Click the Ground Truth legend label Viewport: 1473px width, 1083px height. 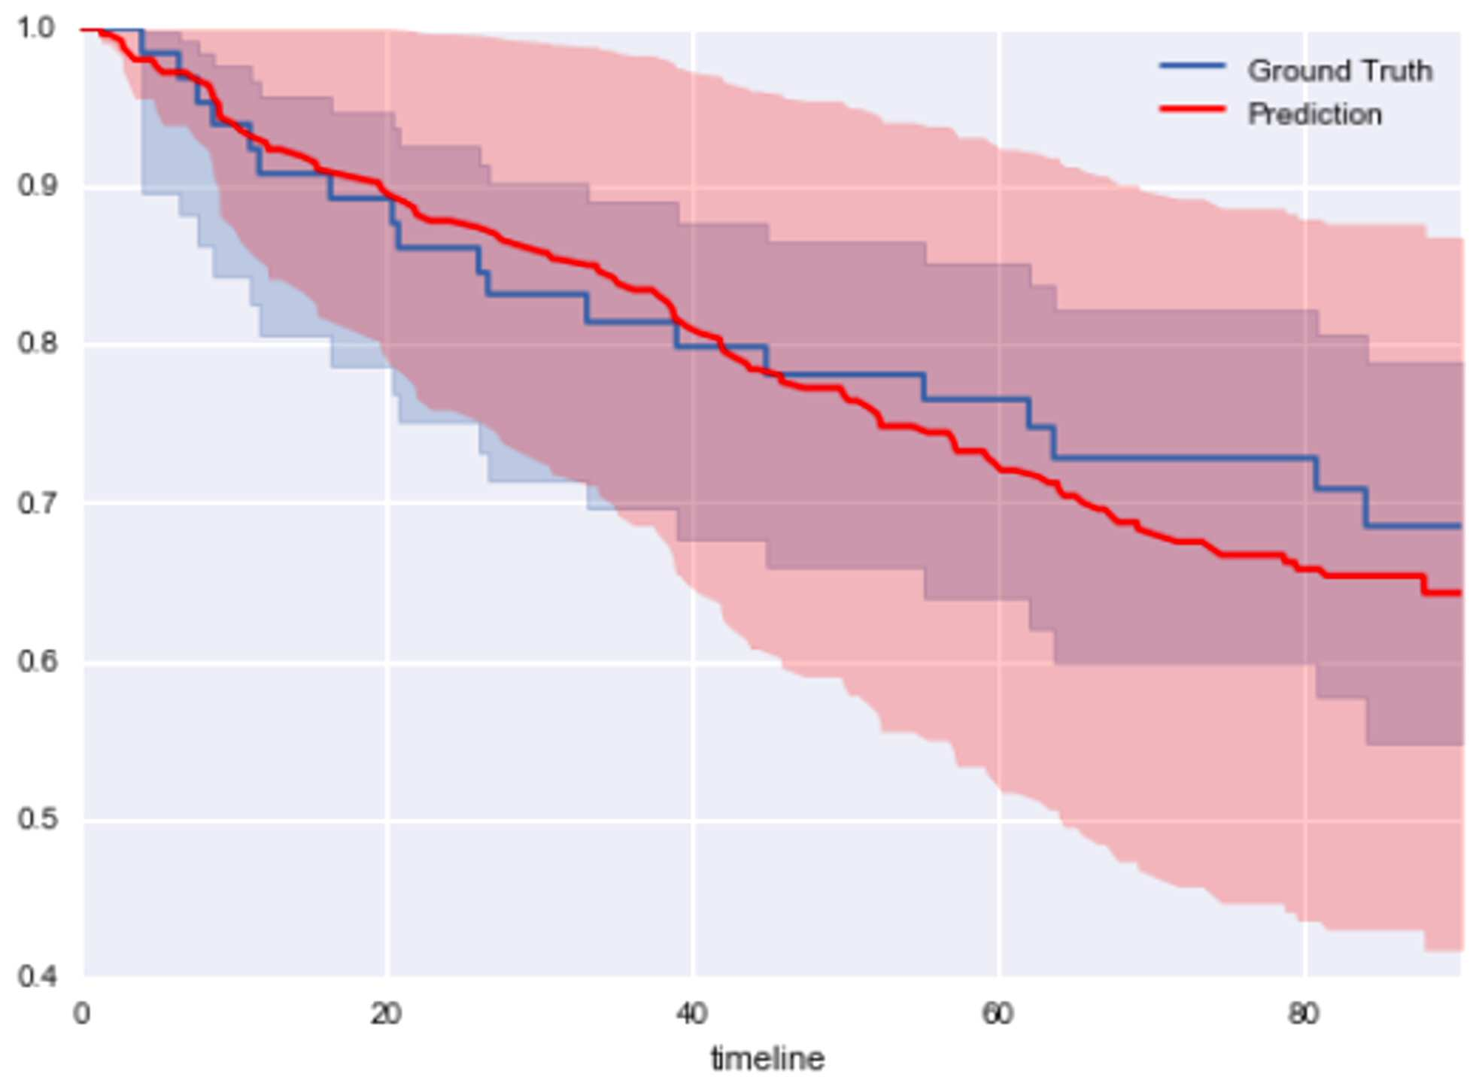click(1340, 71)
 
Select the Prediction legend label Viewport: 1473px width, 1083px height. click(1315, 114)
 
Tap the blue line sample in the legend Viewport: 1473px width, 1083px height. click(1192, 67)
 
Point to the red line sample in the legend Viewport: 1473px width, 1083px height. click(1192, 110)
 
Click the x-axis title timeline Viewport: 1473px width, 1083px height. click(768, 1058)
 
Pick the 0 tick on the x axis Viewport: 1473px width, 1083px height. click(81, 1014)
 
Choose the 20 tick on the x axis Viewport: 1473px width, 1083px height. click(386, 1014)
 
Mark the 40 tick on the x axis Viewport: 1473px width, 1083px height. click(691, 1014)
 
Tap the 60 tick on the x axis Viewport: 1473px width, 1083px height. click(997, 1014)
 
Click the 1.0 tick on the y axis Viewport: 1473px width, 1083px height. click(36, 28)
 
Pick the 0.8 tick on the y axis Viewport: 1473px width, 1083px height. click(36, 344)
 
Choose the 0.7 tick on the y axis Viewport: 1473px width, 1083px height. click(36, 502)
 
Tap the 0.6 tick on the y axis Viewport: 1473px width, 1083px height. click(36, 661)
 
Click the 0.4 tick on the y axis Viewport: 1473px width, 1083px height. click(36, 977)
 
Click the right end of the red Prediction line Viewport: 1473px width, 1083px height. click(1460, 593)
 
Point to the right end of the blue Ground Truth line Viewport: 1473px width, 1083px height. click(1460, 526)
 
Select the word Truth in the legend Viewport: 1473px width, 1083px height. click(1396, 71)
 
